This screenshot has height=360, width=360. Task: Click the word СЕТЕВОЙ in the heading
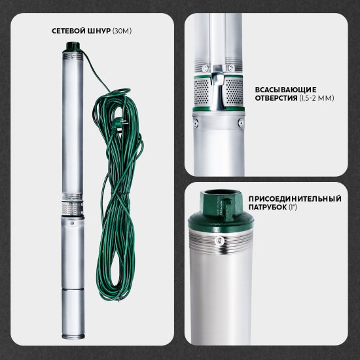click(x=69, y=31)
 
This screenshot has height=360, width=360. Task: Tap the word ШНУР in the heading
click(x=99, y=31)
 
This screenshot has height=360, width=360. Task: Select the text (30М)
click(x=122, y=31)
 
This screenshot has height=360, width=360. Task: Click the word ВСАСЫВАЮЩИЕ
click(x=285, y=90)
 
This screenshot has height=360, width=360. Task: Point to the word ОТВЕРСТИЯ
click(x=276, y=98)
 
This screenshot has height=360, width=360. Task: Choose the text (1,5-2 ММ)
click(x=317, y=98)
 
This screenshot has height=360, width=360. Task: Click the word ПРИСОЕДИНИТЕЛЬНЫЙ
click(x=295, y=198)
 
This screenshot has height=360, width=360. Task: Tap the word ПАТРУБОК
click(x=268, y=207)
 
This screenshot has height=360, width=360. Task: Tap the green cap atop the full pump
click(x=73, y=46)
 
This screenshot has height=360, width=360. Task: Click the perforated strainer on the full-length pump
click(x=72, y=209)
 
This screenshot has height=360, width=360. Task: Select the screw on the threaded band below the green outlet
click(x=220, y=240)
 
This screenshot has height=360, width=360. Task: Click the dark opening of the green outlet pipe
click(x=221, y=192)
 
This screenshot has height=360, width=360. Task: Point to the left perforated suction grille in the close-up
click(x=202, y=92)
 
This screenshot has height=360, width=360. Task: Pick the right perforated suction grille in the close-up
click(x=234, y=92)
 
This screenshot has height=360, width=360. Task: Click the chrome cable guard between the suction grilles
click(x=217, y=88)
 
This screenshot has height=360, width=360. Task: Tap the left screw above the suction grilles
click(x=205, y=68)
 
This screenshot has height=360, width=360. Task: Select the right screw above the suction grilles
click(x=231, y=67)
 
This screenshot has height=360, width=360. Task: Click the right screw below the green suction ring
click(x=241, y=122)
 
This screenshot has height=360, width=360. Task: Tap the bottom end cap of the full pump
click(x=73, y=336)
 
